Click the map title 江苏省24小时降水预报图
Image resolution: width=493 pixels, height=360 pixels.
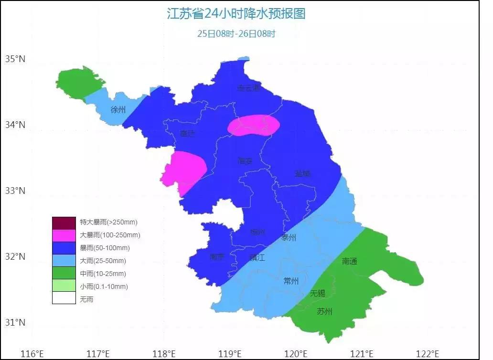(x=236, y=13)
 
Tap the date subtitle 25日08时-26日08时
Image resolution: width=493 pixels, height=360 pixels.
(x=236, y=34)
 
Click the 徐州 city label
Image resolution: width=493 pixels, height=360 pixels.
(x=118, y=110)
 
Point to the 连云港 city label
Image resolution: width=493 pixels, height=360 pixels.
(x=249, y=88)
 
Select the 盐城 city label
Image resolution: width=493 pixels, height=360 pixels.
(x=302, y=173)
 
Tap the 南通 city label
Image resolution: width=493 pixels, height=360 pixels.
(x=350, y=261)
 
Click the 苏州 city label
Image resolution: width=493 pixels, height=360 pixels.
(x=324, y=312)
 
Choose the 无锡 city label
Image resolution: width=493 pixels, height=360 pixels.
(x=317, y=293)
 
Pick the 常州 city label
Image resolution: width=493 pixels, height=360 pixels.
(x=291, y=281)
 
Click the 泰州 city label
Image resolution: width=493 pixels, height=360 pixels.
(x=289, y=238)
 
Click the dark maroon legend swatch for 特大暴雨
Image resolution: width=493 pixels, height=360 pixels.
(x=64, y=222)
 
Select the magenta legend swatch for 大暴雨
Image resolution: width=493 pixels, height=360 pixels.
(x=64, y=235)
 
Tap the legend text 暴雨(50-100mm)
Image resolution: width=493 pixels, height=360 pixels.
(x=105, y=248)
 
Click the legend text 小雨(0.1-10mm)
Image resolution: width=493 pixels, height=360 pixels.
(x=104, y=287)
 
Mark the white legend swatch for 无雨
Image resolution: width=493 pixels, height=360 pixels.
(x=64, y=299)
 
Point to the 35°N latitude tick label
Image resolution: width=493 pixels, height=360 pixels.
(x=15, y=59)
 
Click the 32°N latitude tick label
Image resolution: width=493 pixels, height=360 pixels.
(x=15, y=257)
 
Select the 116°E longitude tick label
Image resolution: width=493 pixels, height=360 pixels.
(x=32, y=354)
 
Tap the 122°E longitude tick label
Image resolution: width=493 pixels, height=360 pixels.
(x=428, y=354)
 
